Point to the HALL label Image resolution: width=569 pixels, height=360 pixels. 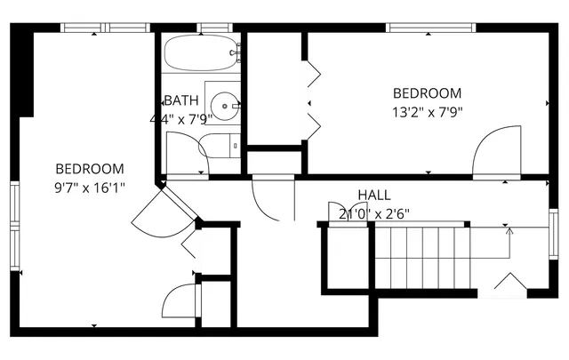(373, 195)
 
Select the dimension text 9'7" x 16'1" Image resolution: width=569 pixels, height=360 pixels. (90, 187)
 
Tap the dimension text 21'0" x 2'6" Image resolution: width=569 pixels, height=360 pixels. (373, 213)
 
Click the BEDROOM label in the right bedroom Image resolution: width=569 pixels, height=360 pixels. (428, 92)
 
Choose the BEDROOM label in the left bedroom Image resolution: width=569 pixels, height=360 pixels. (90, 168)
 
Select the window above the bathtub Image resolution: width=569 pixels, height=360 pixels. (212, 28)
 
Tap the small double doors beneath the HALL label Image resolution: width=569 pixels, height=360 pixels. (341, 212)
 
